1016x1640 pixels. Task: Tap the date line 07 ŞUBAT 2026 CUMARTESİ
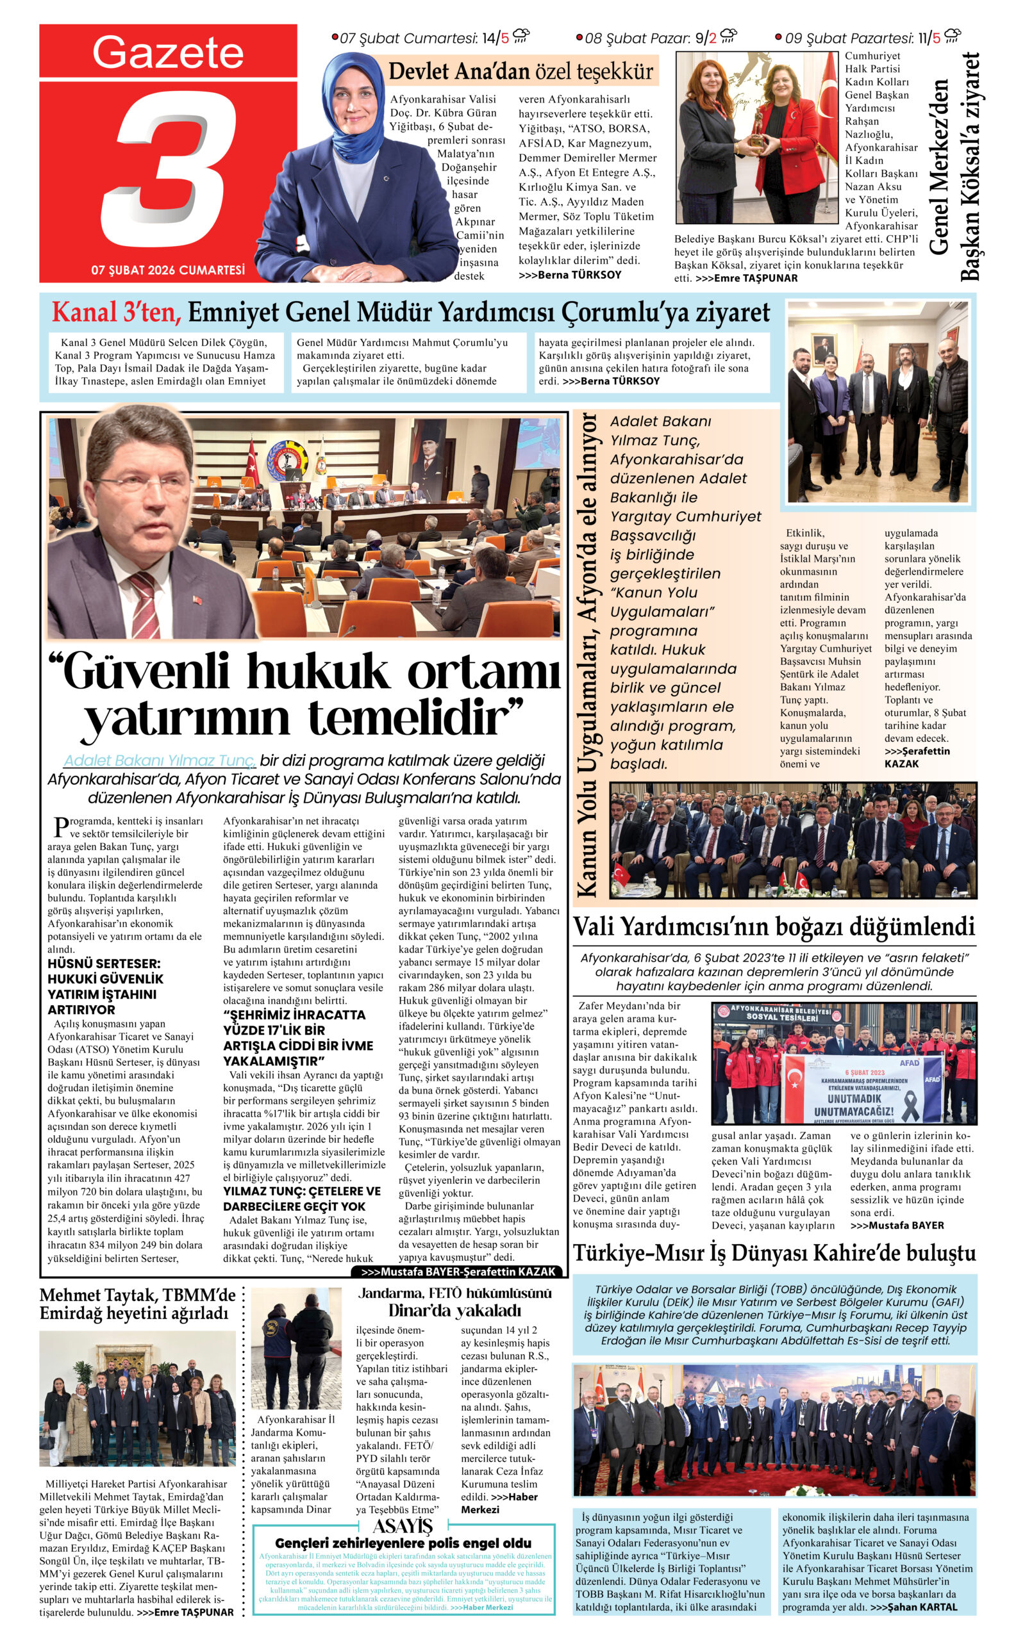click(x=168, y=270)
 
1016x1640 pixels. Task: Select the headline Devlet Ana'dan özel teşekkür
click(x=520, y=71)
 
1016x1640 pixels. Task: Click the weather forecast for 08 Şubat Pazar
click(x=656, y=38)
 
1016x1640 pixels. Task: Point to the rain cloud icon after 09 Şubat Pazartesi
click(x=953, y=36)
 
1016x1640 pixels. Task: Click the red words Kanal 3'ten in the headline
click(x=116, y=313)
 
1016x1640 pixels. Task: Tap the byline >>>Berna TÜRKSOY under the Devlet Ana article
click(x=570, y=275)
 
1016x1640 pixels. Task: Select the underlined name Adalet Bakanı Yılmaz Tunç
click(x=159, y=760)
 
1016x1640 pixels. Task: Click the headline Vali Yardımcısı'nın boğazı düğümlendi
click(x=774, y=927)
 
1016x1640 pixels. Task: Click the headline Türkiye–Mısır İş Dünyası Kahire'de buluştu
click(x=774, y=1253)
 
